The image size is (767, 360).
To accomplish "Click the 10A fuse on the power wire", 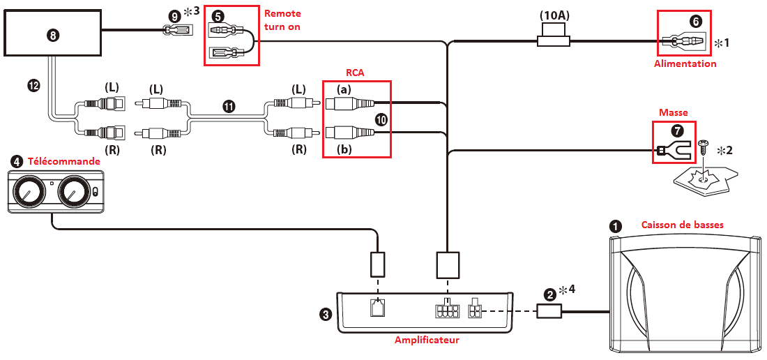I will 554,42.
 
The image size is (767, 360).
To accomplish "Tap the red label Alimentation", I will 685,63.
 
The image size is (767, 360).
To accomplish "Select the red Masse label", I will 674,112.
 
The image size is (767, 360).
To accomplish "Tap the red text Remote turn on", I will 282,21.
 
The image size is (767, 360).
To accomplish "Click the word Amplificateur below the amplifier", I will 427,340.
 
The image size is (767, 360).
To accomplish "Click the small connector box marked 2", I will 549,310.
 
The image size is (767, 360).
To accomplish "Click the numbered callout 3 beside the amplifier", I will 325,315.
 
